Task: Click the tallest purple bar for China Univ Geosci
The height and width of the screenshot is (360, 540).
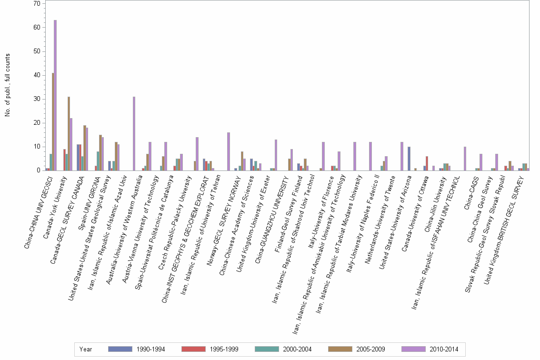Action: pos(55,95)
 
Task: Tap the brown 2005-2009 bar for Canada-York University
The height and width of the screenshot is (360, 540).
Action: pos(69,133)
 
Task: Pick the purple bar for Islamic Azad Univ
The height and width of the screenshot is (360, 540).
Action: pos(134,133)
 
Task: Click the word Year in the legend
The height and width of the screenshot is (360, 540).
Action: pos(86,349)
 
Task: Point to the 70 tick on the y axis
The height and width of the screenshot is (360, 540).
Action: pos(36,4)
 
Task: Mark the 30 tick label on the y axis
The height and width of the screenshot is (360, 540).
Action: pos(36,99)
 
